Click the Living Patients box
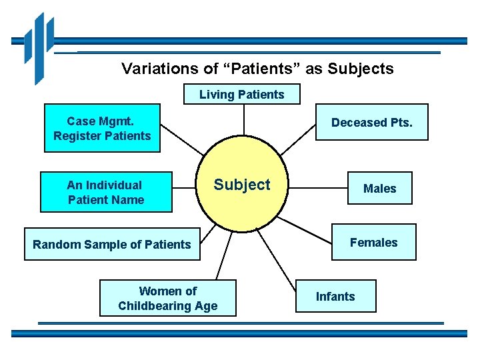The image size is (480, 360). [241, 94]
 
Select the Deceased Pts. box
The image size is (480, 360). [371, 123]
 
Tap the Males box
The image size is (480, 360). [379, 189]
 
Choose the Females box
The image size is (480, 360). [373, 242]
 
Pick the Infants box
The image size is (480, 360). [335, 297]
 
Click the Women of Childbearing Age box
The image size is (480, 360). [167, 298]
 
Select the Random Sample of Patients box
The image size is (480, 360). [112, 245]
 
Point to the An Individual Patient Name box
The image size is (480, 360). [105, 193]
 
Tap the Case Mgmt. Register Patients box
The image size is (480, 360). [102, 129]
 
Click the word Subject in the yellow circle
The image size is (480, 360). [241, 185]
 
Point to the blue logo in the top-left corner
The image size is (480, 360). [39, 47]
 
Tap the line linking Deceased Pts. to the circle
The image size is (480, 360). [301, 139]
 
